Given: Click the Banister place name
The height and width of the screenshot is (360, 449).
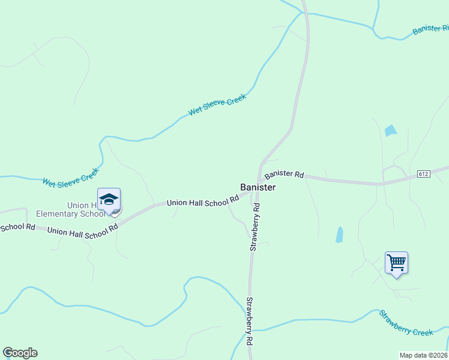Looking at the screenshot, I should pyautogui.click(x=258, y=187).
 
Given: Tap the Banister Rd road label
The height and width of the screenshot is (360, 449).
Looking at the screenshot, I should pyautogui.click(x=284, y=174).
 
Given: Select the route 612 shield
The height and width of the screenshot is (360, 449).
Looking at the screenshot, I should pyautogui.click(x=424, y=174).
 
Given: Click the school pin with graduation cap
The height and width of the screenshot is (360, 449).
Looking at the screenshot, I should pyautogui.click(x=109, y=200).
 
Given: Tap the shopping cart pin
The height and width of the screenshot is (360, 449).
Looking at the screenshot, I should pyautogui.click(x=396, y=263).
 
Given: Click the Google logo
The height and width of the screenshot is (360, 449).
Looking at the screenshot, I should pyautogui.click(x=20, y=353).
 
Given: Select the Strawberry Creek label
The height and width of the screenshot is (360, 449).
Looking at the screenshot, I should pyautogui.click(x=406, y=322).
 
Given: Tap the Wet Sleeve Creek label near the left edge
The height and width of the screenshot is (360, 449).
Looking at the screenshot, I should pyautogui.click(x=70, y=178).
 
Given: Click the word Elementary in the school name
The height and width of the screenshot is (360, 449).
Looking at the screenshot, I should pyautogui.click(x=56, y=214).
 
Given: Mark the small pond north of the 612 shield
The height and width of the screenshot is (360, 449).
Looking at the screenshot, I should pyautogui.click(x=391, y=130).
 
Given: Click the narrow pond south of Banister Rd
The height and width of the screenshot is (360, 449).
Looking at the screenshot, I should pyautogui.click(x=340, y=234).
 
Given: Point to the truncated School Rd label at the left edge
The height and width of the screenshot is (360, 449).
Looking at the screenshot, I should pyautogui.click(x=17, y=227).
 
